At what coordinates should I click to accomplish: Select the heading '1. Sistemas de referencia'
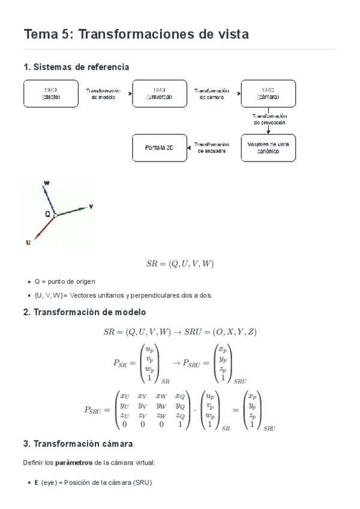pos(76,67)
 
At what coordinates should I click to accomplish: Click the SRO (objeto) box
pos(50,93)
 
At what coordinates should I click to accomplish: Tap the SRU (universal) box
pos(159,93)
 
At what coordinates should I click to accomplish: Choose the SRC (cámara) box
pos(268,93)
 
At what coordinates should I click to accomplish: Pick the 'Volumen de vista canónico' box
pos(268,148)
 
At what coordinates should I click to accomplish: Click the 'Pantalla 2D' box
pos(159,148)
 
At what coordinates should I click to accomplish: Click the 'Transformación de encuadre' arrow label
pos(212,148)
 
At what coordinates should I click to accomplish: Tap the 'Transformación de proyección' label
pos(269,119)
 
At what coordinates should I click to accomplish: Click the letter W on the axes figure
pos(47,182)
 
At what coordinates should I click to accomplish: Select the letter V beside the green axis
pos(91,206)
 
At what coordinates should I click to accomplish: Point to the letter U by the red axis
pos(28,242)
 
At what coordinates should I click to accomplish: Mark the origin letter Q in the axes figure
pos(47,214)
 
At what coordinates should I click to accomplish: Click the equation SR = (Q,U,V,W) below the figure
pos(180,264)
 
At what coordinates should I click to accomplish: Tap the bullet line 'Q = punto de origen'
pos(64,281)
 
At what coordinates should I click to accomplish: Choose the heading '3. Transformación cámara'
pos(78,444)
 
